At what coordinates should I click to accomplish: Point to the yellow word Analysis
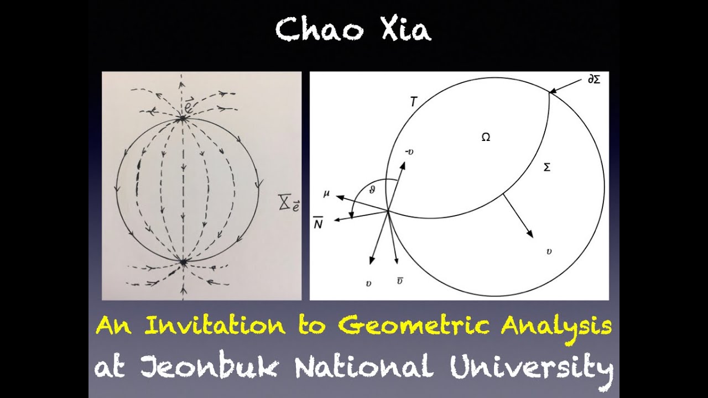(x=556, y=326)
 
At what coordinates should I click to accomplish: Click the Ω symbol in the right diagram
(x=486, y=138)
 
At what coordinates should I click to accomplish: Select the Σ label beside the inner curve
(x=547, y=167)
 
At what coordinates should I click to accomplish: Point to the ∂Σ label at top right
(x=595, y=80)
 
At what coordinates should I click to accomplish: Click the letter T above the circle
(x=413, y=102)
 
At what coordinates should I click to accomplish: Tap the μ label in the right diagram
(x=327, y=194)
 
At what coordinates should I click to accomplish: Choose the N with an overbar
(x=319, y=223)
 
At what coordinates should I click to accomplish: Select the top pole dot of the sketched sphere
(x=181, y=118)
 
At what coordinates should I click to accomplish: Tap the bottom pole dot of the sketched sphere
(x=183, y=260)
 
